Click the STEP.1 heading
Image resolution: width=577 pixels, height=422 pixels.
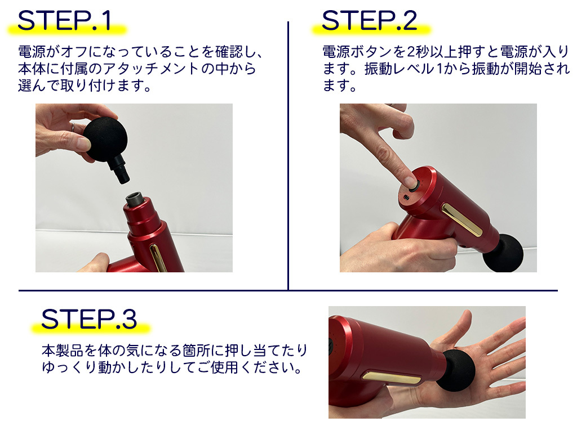click(64, 21)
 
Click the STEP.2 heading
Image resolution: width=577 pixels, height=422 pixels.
click(370, 21)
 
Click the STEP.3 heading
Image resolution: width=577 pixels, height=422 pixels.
click(89, 319)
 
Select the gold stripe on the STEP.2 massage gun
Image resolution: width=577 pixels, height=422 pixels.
click(462, 220)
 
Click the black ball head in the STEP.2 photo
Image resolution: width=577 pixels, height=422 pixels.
click(503, 253)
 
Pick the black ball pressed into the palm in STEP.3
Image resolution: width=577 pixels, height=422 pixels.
click(455, 370)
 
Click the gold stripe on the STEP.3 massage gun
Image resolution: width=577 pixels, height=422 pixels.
click(391, 378)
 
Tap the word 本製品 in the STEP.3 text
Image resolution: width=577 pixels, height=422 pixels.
click(63, 351)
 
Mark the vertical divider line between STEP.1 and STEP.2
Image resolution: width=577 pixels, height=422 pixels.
click(288, 155)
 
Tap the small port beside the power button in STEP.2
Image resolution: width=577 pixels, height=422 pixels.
click(406, 198)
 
